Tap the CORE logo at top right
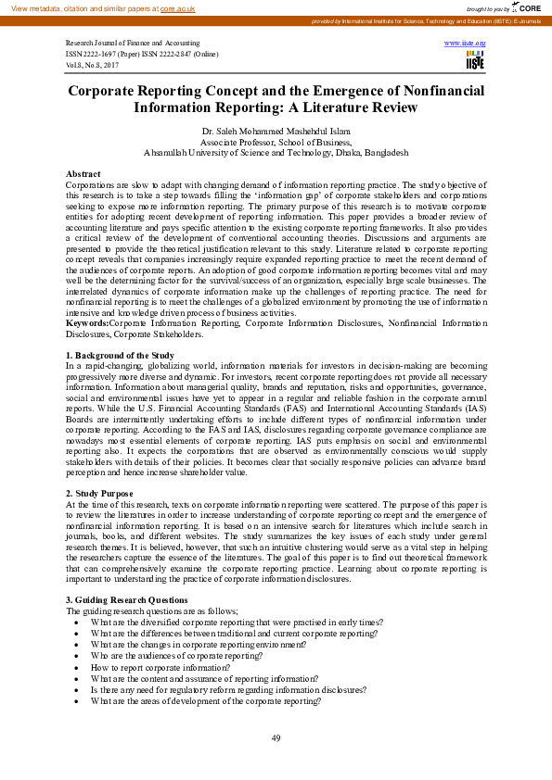click(x=528, y=7)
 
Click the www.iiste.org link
click(x=465, y=44)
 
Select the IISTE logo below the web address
click(x=475, y=59)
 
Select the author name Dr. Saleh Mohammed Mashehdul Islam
click(x=276, y=132)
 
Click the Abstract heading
click(x=83, y=174)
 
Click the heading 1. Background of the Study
click(x=122, y=356)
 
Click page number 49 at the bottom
click(x=276, y=737)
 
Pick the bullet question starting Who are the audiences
click(x=176, y=656)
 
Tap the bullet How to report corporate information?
click(x=160, y=667)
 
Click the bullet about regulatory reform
click(x=227, y=690)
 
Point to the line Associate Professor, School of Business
click(x=276, y=143)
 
